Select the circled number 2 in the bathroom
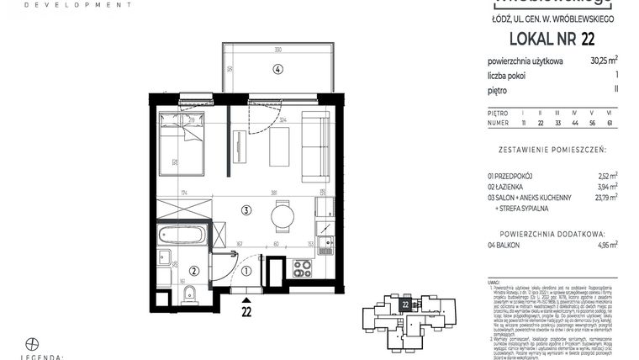tap(193, 270)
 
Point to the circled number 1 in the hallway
tap(246, 270)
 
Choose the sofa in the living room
tap(317, 148)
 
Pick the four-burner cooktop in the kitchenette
tap(300, 268)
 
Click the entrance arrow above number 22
tap(246, 299)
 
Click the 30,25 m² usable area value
tap(604, 60)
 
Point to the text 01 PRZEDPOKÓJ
tap(515, 175)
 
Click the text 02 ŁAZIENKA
tap(511, 187)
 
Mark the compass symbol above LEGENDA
tap(32, 343)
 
